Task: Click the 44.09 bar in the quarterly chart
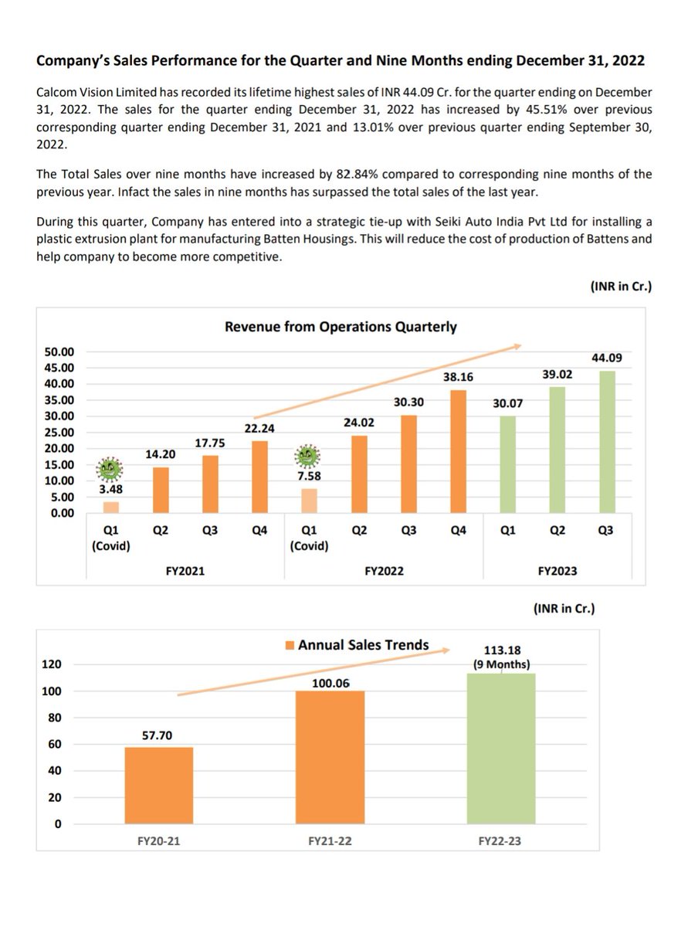tap(607, 442)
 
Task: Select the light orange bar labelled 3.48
tap(111, 508)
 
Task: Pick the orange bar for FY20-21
tap(159, 785)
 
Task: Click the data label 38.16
tap(458, 377)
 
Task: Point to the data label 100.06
tap(330, 683)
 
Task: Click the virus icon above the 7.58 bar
tap(307, 456)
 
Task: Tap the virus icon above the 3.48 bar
tap(110, 469)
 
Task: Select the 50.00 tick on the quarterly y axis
tap(59, 351)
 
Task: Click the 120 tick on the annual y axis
tap(52, 664)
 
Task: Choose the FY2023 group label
tap(557, 571)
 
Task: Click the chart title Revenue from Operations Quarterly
tap(341, 327)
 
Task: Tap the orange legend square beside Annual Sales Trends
tap(290, 645)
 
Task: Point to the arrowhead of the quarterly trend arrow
tap(519, 346)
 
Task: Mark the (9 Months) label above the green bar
tap(501, 664)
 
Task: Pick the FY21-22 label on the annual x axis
tap(330, 840)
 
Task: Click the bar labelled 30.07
tap(508, 464)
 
